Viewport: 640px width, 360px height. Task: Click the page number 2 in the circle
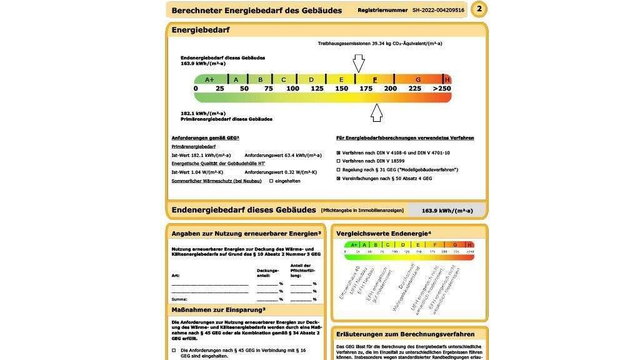pos(479,9)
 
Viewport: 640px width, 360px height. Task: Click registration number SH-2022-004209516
pos(438,10)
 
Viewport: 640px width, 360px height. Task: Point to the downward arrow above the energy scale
pos(358,63)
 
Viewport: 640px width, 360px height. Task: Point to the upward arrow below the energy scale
pos(376,112)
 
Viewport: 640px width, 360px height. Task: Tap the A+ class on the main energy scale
pos(209,79)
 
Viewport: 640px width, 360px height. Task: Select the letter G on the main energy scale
pos(417,79)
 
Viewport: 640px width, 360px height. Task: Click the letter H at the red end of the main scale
pos(447,79)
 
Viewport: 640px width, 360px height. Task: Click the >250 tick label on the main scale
pos(441,89)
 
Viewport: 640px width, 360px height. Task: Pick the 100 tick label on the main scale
pos(292,89)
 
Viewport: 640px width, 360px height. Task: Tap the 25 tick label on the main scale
pos(219,89)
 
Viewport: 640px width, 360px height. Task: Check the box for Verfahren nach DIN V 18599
pos(338,161)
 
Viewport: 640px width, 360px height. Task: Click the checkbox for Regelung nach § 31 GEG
pos(338,169)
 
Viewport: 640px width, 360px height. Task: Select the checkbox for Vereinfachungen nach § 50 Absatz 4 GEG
pos(338,178)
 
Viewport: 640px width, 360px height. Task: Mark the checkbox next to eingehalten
pos(271,181)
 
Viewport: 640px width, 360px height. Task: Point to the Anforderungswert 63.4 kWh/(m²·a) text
pos(283,155)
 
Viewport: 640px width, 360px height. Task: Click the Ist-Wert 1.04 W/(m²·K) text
pos(197,172)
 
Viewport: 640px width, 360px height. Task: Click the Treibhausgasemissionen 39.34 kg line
pos(380,44)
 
